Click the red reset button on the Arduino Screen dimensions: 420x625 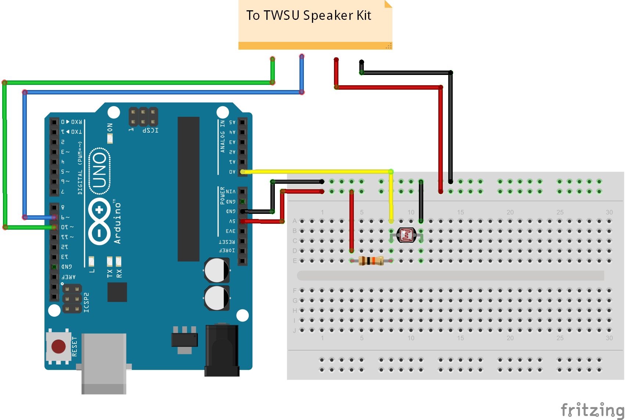pos(58,346)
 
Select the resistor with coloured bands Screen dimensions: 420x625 pos(371,261)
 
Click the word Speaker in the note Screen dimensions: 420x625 pos(328,16)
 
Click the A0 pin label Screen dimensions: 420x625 pos(232,172)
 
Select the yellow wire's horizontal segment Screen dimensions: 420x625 pos(316,172)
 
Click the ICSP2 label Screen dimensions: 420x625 pos(86,302)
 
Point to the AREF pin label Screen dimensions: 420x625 pos(68,277)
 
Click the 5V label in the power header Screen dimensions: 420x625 pos(232,221)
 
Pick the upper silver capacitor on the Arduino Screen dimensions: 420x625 pos(217,270)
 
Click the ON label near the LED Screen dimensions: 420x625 pos(110,128)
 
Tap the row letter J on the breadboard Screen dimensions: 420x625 pos(294,330)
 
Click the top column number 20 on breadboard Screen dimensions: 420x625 pos(510,212)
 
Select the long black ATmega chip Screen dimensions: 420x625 pos(188,189)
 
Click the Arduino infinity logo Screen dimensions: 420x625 pos(99,221)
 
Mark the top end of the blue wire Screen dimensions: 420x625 pos(302,57)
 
